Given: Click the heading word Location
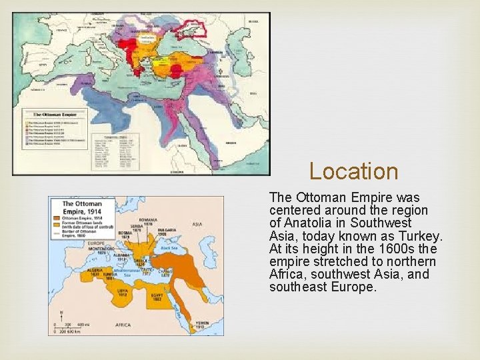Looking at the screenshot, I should (353, 171).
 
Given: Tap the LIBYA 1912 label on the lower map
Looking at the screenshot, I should (123, 293).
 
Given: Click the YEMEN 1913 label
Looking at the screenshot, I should (199, 324).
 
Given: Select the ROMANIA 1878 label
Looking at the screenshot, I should (148, 221).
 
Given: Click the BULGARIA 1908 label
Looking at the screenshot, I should (164, 232).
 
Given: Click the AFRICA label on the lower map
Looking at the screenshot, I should (124, 325).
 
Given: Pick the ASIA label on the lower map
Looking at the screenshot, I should (197, 224).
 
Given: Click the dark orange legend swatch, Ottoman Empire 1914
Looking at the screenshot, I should (57, 218).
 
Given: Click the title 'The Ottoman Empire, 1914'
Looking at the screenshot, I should (82, 207).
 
